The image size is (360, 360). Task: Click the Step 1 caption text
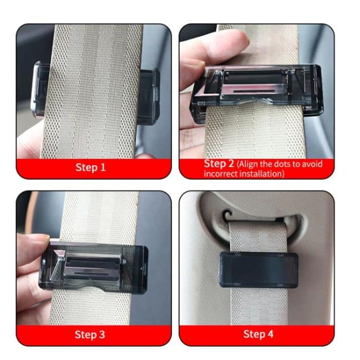coord(91,167)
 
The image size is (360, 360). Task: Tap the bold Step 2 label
coord(219,164)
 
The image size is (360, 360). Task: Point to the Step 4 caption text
coord(258,334)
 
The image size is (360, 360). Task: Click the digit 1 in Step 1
coord(102,167)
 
